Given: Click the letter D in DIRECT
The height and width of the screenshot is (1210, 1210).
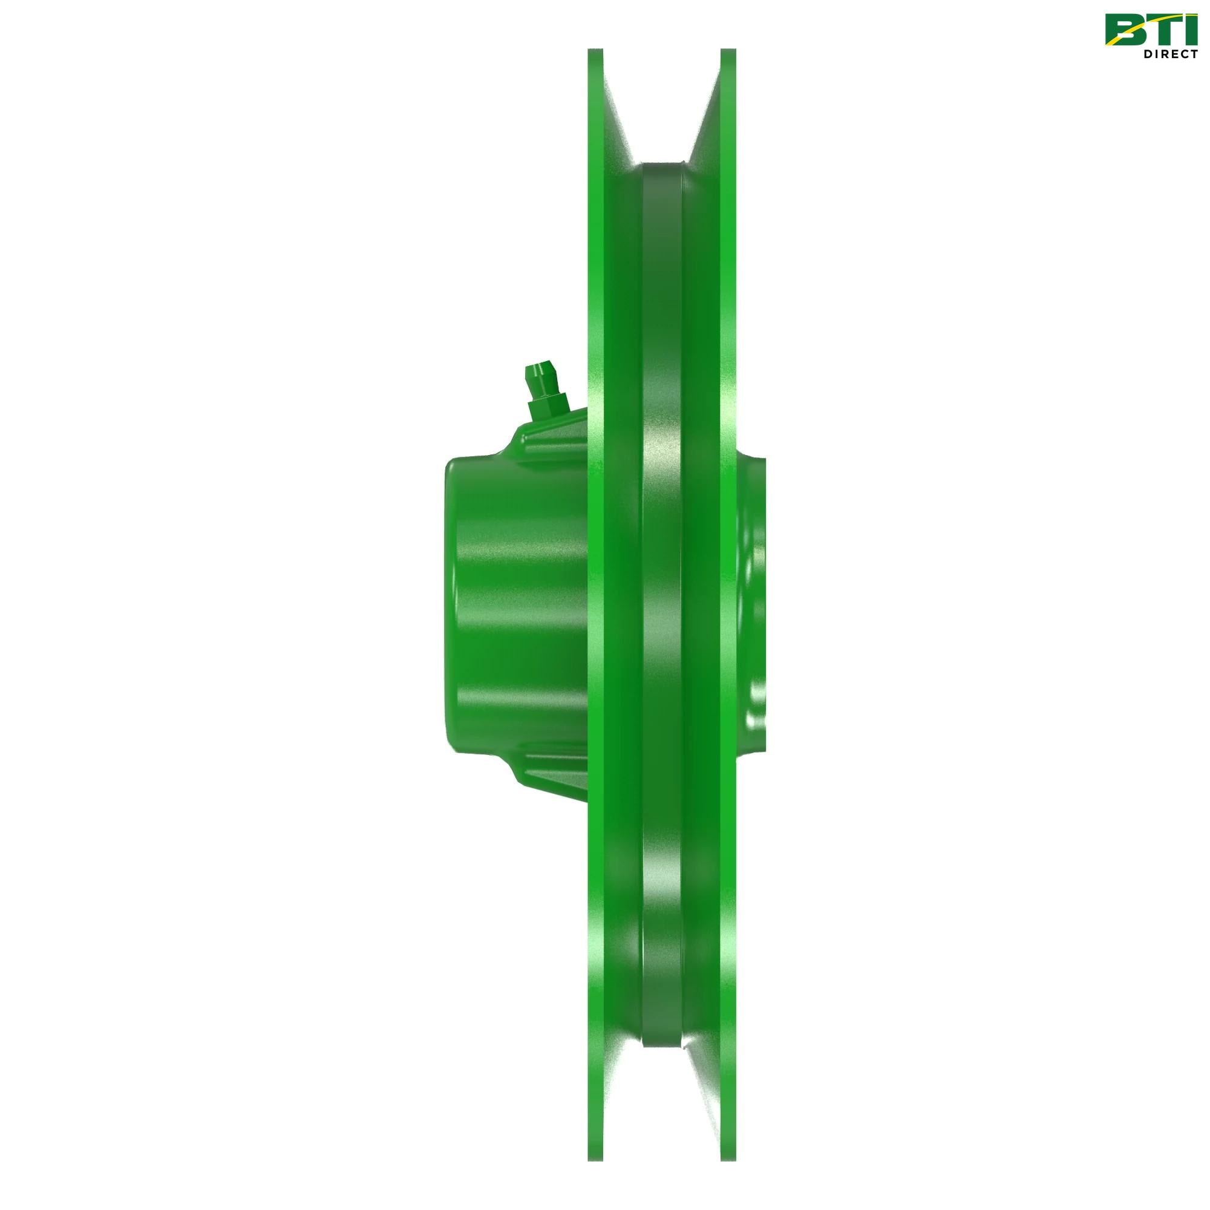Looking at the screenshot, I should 1148,54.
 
